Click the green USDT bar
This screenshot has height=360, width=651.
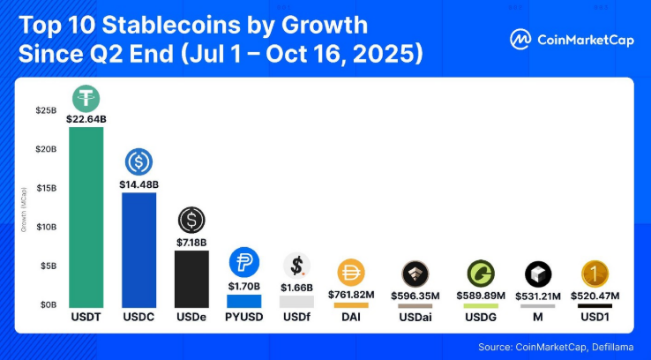point(86,216)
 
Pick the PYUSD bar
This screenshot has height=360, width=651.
point(243,300)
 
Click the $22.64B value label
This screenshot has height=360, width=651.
point(86,118)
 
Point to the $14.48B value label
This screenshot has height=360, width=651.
point(138,184)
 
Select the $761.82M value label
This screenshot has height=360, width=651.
point(350,294)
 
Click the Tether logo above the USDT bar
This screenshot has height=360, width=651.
point(86,98)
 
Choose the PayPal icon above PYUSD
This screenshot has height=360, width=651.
point(243,262)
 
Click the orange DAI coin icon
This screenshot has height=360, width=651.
point(350,273)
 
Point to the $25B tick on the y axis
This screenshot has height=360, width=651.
point(46,111)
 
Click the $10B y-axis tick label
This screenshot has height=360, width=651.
point(46,227)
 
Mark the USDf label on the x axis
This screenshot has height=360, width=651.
point(296,316)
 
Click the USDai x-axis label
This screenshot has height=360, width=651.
point(415,316)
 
